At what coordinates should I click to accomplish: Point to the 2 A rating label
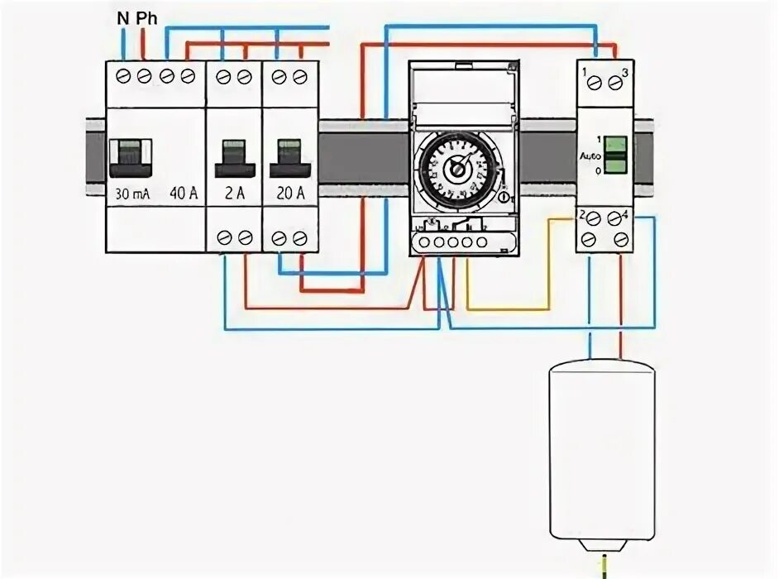click(x=234, y=195)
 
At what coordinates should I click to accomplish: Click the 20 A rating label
click(x=289, y=195)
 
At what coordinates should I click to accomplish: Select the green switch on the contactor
click(x=615, y=155)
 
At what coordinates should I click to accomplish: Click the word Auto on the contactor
click(x=590, y=155)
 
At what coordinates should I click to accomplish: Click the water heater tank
click(x=602, y=451)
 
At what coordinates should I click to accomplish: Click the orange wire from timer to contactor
click(x=513, y=309)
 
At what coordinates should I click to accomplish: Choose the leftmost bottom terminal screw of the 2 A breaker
click(x=223, y=238)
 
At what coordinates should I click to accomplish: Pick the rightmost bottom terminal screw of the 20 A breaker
click(x=299, y=238)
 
